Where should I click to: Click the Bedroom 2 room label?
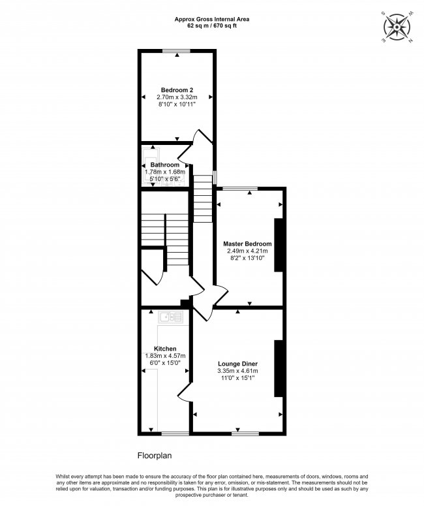(177, 90)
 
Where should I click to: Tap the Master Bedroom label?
(249, 244)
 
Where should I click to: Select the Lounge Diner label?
(237, 364)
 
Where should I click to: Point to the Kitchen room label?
(165, 349)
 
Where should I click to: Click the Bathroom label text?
(165, 165)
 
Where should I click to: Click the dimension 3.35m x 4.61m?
(237, 371)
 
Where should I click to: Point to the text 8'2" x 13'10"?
(249, 259)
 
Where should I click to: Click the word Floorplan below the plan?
(154, 456)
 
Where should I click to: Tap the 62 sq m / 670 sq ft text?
(211, 26)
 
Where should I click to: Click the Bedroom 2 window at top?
(177, 50)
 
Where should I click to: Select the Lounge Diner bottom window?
(245, 433)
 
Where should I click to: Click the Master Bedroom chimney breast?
(279, 245)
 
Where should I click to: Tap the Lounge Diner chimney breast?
(279, 368)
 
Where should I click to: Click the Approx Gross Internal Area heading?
(211, 20)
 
